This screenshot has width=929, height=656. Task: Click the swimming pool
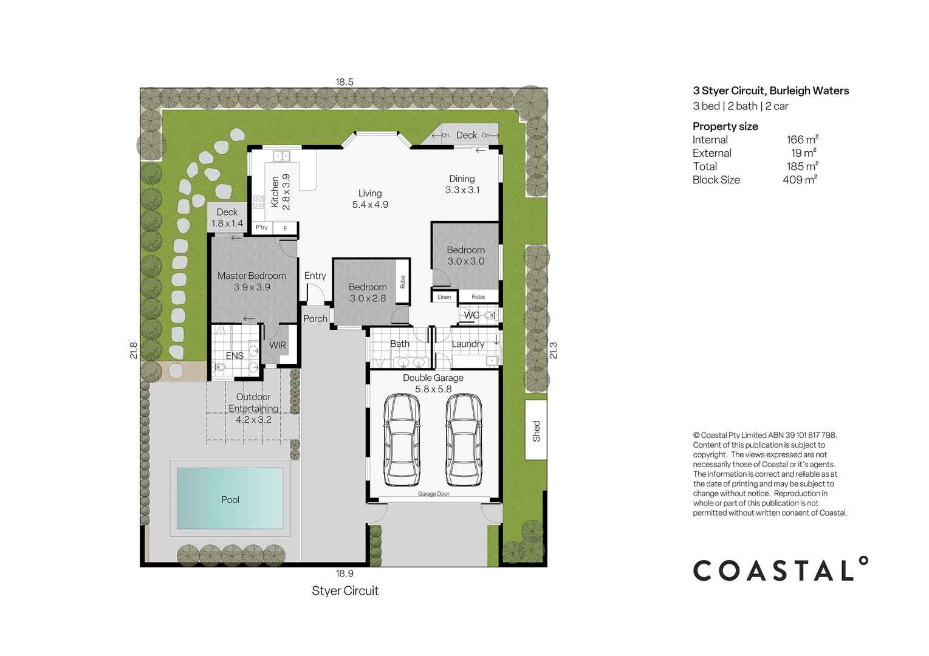230,499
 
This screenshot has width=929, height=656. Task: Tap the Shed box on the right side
536,430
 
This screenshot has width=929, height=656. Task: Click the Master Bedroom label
252,276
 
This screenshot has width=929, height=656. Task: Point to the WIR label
278,345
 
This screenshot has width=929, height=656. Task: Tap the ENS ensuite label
235,355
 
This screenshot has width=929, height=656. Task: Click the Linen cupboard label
444,297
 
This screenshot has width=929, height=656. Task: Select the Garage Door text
433,494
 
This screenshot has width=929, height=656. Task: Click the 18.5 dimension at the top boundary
345,82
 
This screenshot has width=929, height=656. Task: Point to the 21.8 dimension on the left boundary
134,350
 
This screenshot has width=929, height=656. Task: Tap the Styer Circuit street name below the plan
345,590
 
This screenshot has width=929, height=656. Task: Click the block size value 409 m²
800,180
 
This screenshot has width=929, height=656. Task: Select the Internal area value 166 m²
802,140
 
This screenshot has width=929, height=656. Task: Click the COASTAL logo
780,570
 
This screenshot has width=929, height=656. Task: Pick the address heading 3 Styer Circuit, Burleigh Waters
770,91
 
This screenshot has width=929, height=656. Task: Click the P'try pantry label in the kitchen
261,228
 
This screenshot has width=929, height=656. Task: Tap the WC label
471,315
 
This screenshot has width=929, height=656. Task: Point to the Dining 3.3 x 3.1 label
462,184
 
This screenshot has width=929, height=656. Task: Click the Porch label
315,318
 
